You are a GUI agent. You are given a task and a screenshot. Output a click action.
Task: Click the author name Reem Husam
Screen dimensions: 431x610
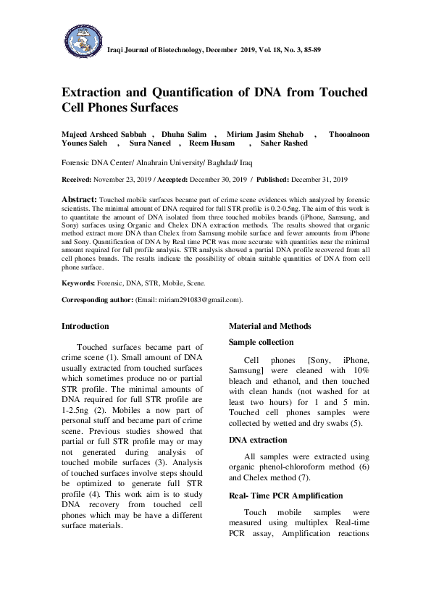[214, 143]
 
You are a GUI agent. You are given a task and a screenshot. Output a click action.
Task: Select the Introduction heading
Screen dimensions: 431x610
[85, 326]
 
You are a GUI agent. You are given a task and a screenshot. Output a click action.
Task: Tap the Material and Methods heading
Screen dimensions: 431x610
[270, 326]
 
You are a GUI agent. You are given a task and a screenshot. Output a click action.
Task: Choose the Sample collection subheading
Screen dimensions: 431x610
[261, 342]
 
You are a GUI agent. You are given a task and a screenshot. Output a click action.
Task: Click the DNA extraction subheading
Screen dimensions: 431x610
[258, 440]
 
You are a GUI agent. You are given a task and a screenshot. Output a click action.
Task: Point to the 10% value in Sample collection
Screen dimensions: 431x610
[359, 370]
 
